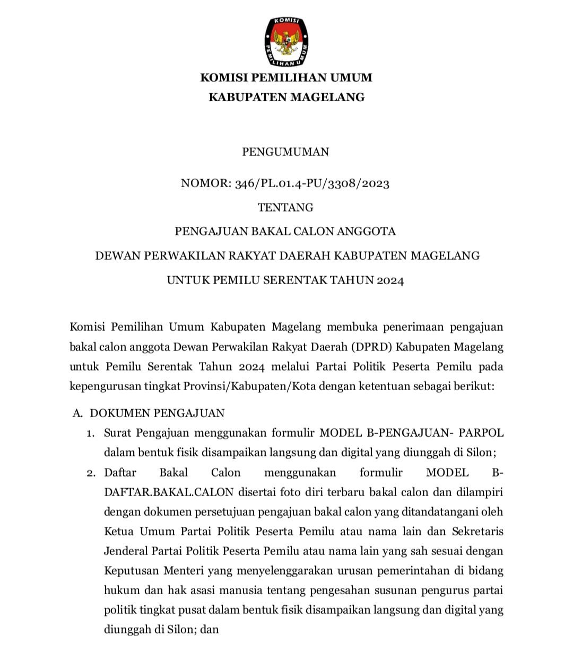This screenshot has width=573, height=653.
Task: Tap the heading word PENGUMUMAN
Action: (x=285, y=152)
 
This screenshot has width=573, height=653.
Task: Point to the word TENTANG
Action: (x=285, y=208)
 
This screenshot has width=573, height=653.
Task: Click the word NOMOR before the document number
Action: (x=204, y=184)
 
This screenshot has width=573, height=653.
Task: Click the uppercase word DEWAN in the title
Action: (x=114, y=256)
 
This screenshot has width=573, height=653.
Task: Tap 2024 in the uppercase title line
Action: (x=390, y=280)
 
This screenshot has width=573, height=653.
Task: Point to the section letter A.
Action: (x=77, y=413)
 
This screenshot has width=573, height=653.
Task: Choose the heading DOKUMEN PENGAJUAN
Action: (x=157, y=413)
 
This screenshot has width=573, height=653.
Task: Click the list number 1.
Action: (x=91, y=434)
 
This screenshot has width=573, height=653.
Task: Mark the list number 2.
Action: (x=91, y=473)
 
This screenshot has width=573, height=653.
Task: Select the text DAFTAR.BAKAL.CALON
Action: (x=169, y=492)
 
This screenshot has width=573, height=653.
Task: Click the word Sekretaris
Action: (x=477, y=531)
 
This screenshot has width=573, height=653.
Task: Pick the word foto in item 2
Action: (x=289, y=492)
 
